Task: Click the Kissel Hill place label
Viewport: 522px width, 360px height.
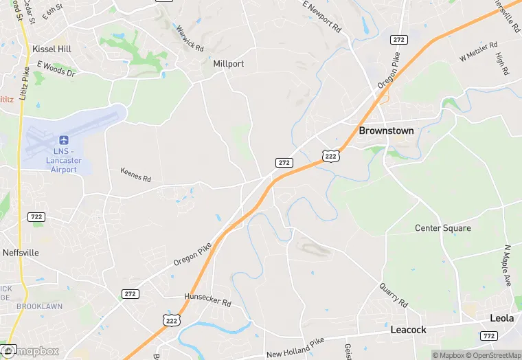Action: (x=52, y=49)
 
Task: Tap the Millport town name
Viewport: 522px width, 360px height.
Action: (x=228, y=64)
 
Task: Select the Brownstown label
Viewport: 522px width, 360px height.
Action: (x=386, y=131)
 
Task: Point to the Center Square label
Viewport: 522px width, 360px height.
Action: (x=443, y=228)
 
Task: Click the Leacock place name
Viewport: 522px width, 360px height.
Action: (x=408, y=330)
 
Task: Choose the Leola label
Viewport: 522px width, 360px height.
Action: (x=501, y=318)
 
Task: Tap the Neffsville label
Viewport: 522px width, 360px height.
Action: (x=21, y=253)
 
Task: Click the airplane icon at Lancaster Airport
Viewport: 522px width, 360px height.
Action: (x=65, y=139)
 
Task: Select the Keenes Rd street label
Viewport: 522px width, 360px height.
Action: (x=135, y=175)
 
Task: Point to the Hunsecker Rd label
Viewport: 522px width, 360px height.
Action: (x=207, y=300)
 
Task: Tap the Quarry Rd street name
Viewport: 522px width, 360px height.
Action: (x=394, y=296)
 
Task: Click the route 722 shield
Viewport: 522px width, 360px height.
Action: (x=37, y=216)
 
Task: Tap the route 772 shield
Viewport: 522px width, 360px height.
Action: (x=489, y=336)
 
